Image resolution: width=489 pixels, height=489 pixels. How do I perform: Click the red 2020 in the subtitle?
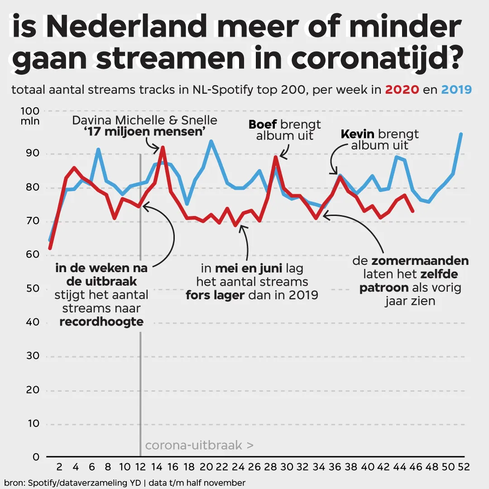pos(402,90)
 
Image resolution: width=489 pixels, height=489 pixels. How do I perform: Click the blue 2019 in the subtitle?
pos(456,90)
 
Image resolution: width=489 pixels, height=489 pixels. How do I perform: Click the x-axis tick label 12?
pos(140,467)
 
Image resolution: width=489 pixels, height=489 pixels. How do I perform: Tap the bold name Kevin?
pos(357,134)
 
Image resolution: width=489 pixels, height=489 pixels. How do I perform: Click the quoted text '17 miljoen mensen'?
pos(145,132)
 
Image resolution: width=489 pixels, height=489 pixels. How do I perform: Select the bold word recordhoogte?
pos(101,322)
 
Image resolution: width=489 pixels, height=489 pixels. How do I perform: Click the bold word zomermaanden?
pos(420,262)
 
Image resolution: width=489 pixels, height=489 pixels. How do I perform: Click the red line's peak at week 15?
pos(163,147)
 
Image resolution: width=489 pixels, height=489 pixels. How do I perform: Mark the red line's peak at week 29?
pos(275,157)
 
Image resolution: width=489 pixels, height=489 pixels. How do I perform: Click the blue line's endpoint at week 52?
pos(461,134)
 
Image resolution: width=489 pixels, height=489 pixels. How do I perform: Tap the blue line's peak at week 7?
pos(98,149)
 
